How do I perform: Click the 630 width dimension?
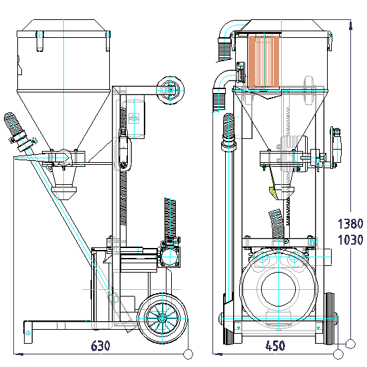click(x=100, y=346)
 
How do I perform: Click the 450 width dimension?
click(x=275, y=346)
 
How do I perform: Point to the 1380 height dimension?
click(x=350, y=223)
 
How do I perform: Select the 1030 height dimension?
click(x=350, y=240)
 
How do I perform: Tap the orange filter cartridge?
click(x=264, y=62)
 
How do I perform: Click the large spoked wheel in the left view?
click(x=162, y=318)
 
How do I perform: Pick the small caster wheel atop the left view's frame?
click(x=171, y=90)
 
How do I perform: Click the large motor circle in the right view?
click(x=278, y=289)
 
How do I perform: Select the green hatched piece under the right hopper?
click(x=272, y=191)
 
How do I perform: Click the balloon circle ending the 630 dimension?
click(x=188, y=354)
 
